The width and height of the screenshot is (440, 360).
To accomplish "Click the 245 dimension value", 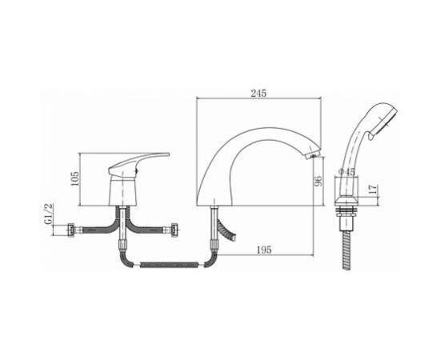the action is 258,93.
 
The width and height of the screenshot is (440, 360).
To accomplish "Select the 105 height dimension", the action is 74,178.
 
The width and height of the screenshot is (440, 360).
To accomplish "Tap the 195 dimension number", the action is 264,250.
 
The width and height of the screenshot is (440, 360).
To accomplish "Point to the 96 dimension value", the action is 318,181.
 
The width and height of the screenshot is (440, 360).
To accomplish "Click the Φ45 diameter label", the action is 346,172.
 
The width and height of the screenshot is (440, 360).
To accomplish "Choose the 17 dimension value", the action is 373,189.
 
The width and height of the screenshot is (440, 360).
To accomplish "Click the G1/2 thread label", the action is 48,214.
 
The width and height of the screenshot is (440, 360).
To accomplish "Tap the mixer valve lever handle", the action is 138,162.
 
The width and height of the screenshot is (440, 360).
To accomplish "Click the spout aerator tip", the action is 313,154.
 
